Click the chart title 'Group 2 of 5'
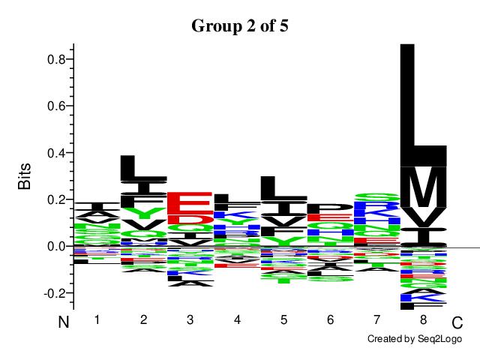coord(240,25)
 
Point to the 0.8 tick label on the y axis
coord(55,59)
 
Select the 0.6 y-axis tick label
coord(55,106)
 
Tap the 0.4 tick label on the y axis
coord(55,153)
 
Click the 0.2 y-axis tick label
coord(55,199)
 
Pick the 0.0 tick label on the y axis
coord(55,246)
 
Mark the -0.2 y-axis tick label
coord(54,293)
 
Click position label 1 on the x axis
coord(97,320)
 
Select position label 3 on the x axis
coord(190,320)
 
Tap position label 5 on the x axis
coord(283,320)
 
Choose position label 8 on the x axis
coord(424,320)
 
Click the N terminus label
coord(64,323)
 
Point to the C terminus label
coord(457,323)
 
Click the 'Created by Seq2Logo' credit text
coord(414,340)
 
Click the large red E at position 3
coord(190,203)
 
